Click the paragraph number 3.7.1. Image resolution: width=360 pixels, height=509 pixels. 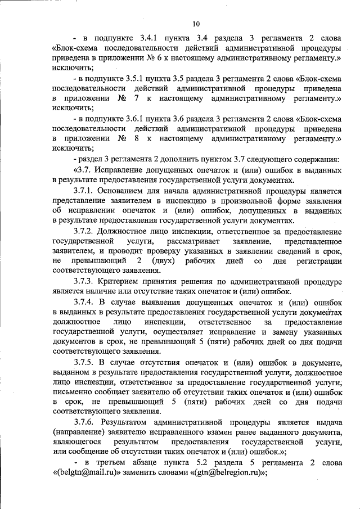point(85,191)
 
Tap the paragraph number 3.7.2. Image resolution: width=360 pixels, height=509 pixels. point(85,232)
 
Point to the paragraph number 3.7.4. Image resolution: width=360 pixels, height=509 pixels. point(85,303)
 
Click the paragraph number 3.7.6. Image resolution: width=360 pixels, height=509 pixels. point(85,421)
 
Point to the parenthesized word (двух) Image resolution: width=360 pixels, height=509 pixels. point(161,262)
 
